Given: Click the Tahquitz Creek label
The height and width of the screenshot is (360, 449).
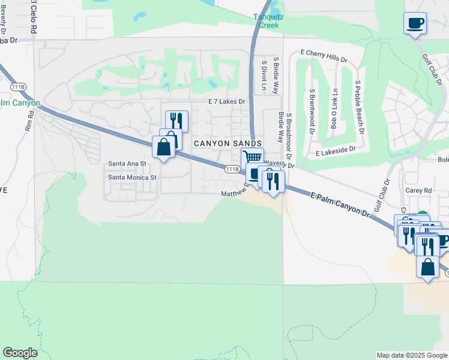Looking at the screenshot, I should [268, 21].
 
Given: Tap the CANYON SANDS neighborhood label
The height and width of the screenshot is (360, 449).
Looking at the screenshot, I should [228, 143].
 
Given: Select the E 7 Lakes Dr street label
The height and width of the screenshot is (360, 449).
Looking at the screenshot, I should [227, 103].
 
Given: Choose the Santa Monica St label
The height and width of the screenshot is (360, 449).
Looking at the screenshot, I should [131, 177].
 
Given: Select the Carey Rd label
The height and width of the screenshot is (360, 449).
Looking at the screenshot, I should [419, 190].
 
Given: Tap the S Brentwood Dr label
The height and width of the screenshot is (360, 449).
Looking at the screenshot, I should [312, 108].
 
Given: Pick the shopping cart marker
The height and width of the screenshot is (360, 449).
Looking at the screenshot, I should [253, 158].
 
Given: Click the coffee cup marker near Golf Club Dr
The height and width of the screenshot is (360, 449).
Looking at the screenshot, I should [415, 23].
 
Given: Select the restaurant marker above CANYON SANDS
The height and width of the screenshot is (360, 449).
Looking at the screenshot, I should [176, 120].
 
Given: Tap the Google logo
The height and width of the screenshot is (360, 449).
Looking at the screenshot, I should [20, 353].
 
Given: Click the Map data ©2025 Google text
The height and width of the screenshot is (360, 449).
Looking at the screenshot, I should [412, 355].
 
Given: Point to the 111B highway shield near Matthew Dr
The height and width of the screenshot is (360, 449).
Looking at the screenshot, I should [233, 169].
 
